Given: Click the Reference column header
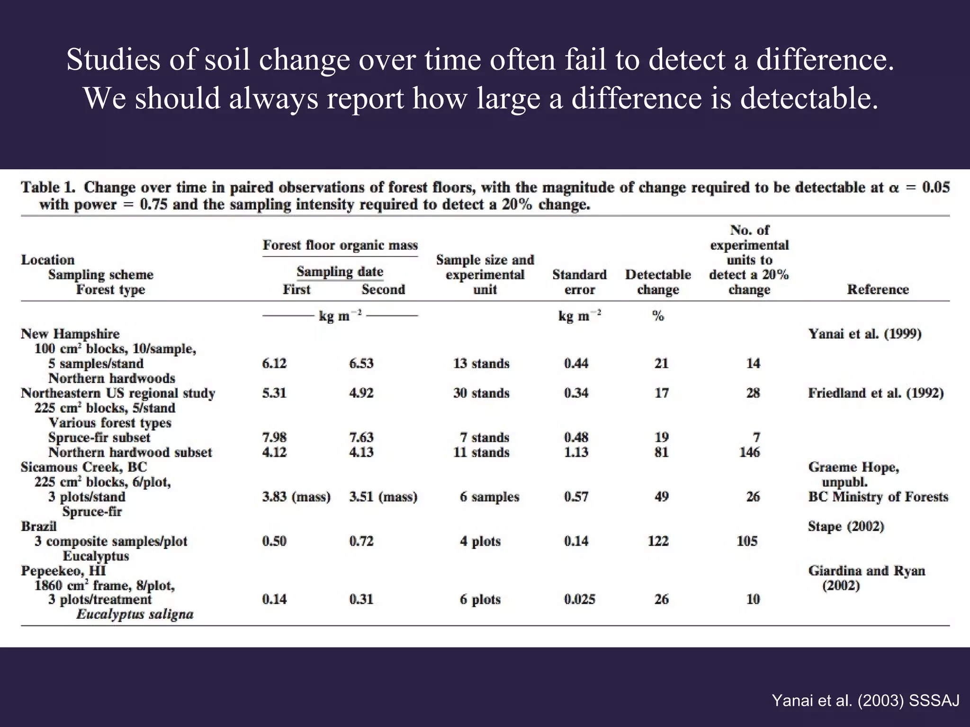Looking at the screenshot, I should click(x=878, y=289).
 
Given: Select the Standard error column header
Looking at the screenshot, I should click(x=579, y=282).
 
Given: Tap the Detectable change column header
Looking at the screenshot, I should click(x=658, y=282).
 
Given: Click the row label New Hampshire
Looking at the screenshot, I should click(x=70, y=334).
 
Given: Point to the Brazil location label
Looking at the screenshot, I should click(x=39, y=526).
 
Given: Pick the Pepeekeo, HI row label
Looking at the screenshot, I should click(x=63, y=571).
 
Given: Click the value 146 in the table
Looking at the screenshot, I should click(x=749, y=452).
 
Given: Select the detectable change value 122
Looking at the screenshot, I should click(x=658, y=541).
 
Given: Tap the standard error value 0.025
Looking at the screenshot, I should click(x=579, y=599).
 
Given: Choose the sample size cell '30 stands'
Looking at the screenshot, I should click(x=481, y=393).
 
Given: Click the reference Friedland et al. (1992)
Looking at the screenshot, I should click(x=876, y=393).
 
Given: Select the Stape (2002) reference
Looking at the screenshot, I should click(x=846, y=526).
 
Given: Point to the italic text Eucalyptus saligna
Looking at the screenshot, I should click(x=135, y=614).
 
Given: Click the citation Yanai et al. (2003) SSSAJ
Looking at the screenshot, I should click(x=865, y=700).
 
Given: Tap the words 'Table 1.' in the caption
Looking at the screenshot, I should click(x=48, y=187).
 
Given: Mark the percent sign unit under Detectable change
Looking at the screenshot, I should click(x=658, y=316).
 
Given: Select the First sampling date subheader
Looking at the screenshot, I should click(x=296, y=289).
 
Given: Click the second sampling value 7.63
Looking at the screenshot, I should click(x=361, y=437).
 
